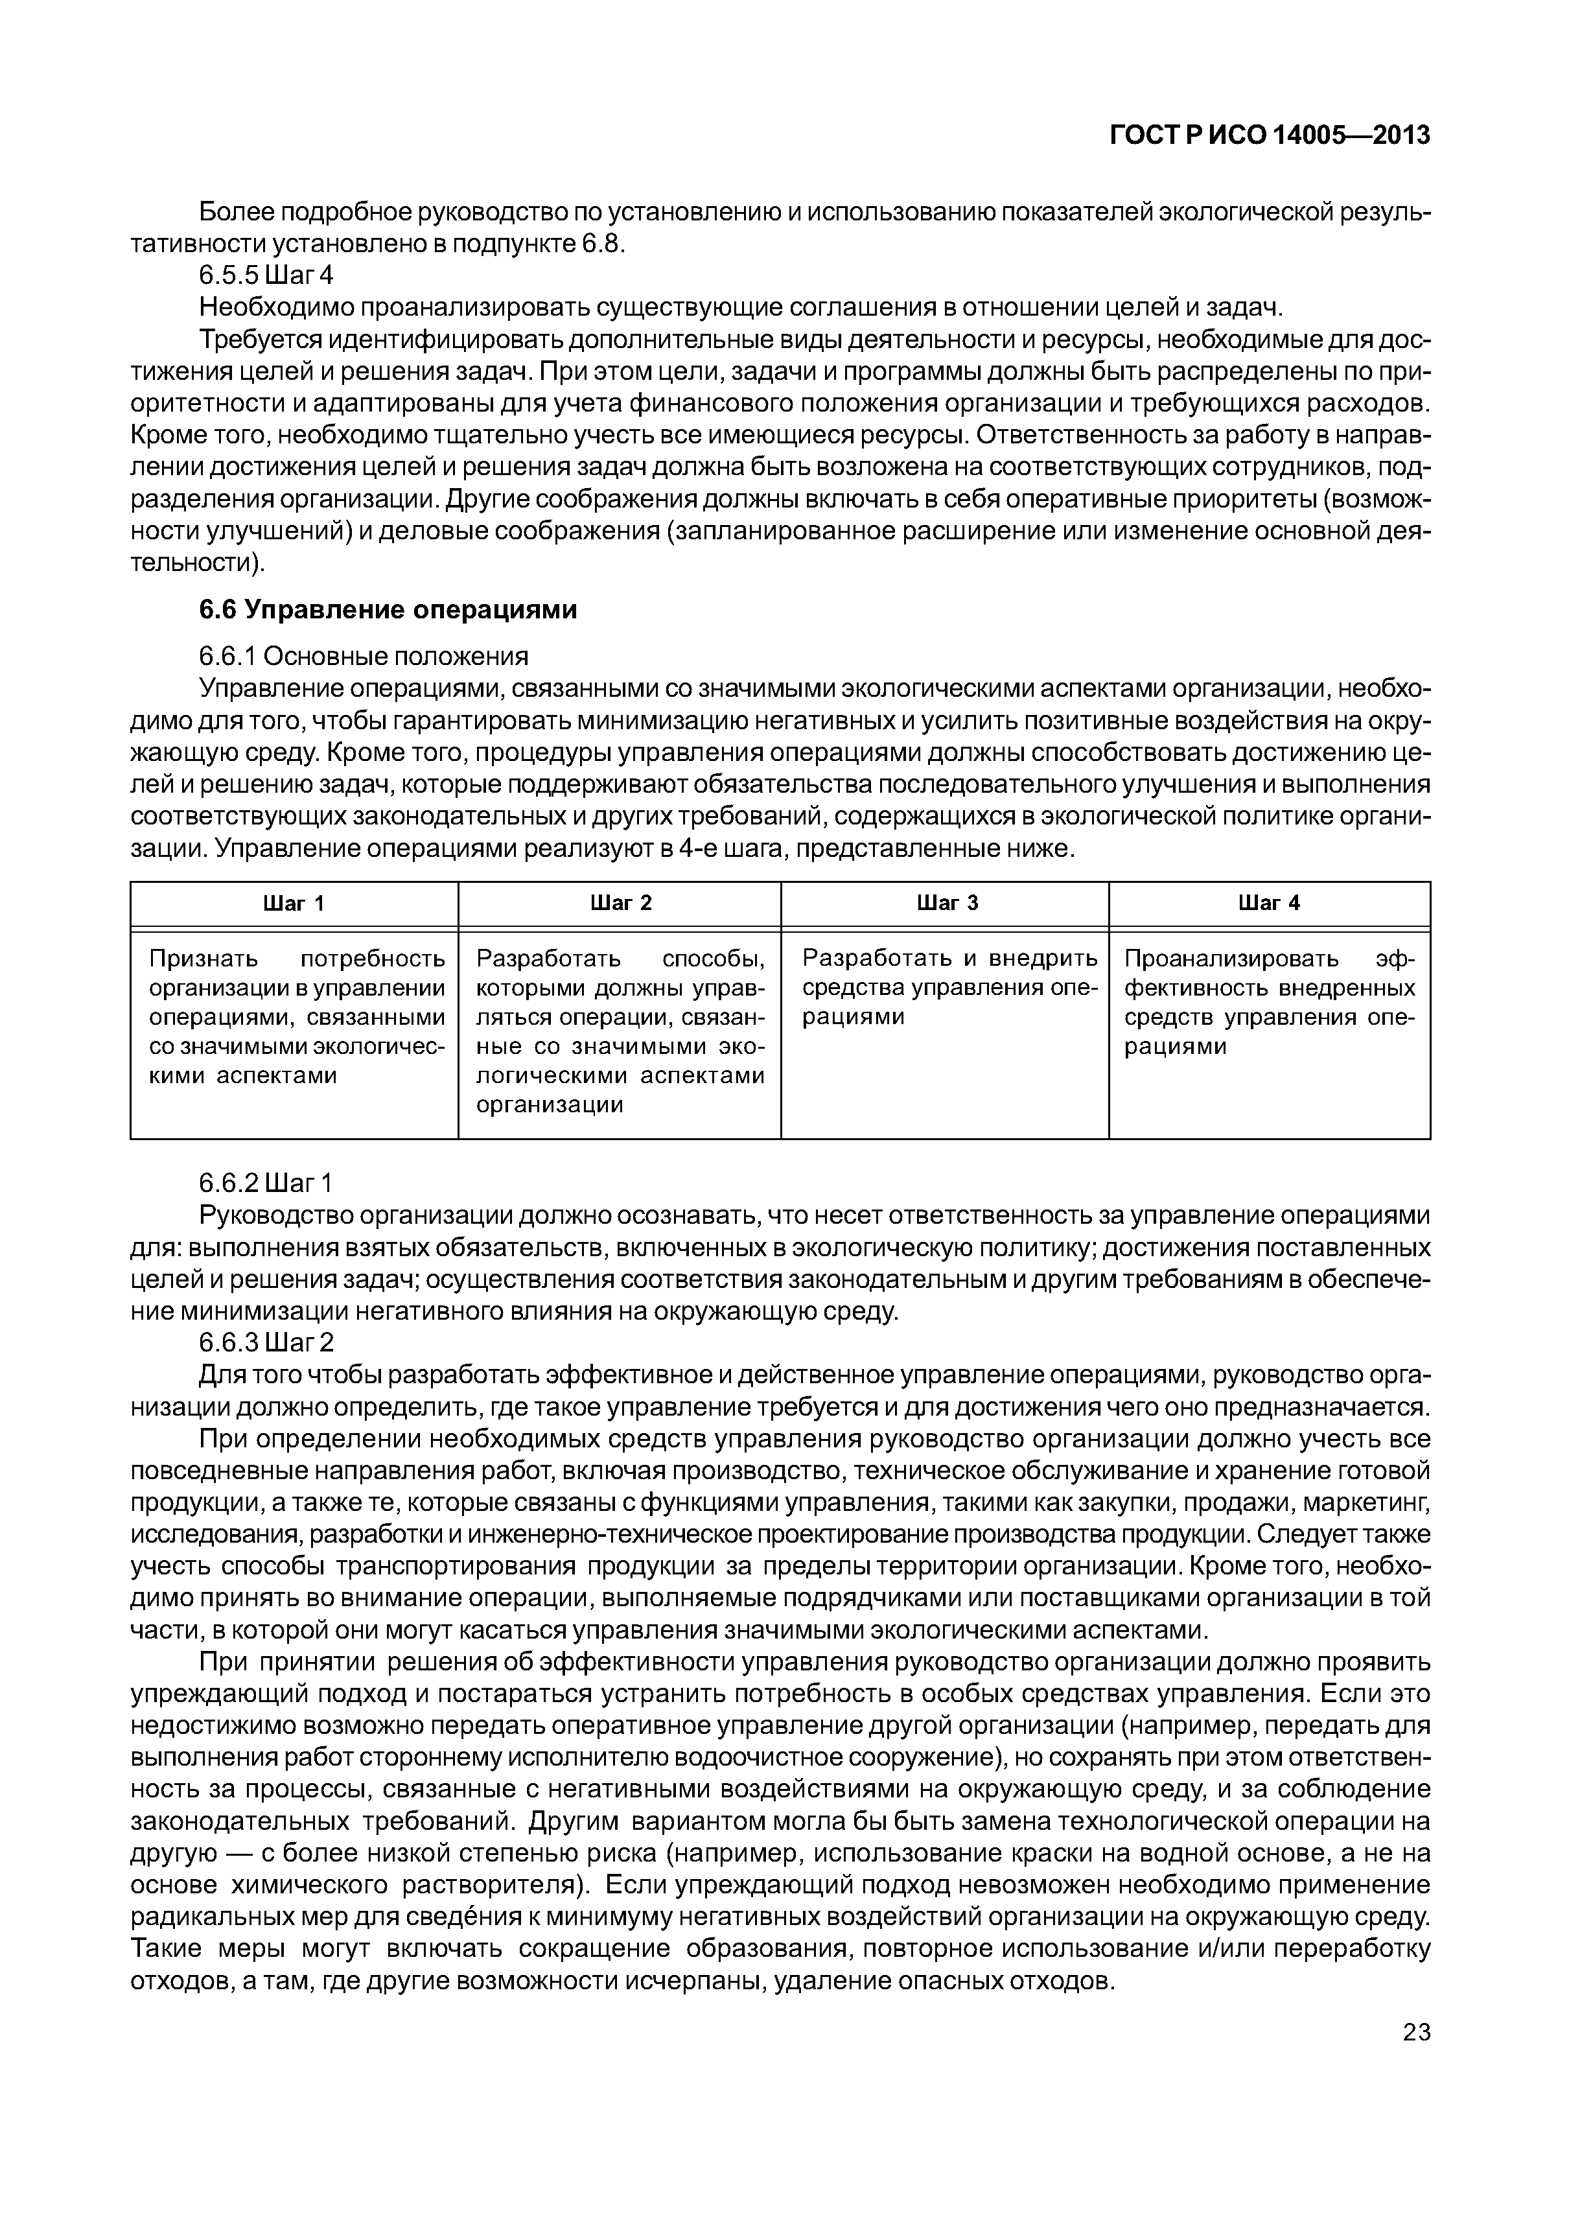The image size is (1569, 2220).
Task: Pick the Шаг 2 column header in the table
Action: [x=620, y=903]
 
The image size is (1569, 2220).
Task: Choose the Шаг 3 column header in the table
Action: [x=946, y=903]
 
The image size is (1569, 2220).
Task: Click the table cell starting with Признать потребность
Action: [x=296, y=1017]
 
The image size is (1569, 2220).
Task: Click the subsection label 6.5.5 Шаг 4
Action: [x=266, y=275]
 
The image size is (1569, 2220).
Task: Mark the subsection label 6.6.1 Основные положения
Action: [x=364, y=657]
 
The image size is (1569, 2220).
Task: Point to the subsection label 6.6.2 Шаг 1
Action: [x=266, y=1182]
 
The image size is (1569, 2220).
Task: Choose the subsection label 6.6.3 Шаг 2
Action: [x=266, y=1343]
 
